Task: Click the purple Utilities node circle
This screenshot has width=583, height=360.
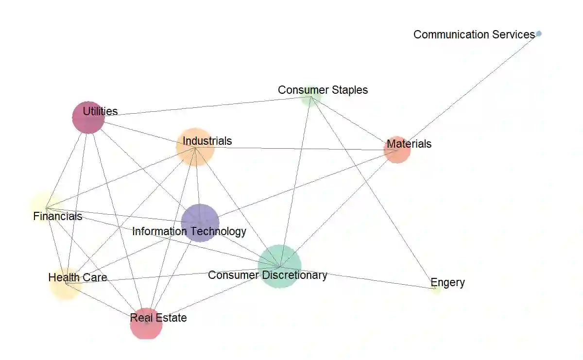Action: [x=88, y=117]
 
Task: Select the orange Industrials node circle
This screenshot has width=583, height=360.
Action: [x=195, y=147]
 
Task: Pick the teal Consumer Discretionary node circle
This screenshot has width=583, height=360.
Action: [x=279, y=266]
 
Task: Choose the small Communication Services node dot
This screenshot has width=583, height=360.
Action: [x=539, y=34]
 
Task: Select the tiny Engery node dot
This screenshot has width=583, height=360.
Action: [x=436, y=289]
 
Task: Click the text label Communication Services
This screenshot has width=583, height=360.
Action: [x=474, y=34]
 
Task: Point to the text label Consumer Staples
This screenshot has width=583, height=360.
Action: [x=323, y=90]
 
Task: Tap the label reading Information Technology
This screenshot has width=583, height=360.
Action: [x=189, y=231]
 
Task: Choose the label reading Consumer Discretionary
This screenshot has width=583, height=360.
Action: [x=267, y=275]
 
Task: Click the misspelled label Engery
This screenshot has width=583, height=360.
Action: [x=447, y=282]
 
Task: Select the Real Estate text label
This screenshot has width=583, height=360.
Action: [x=158, y=318]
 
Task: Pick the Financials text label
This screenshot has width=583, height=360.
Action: [x=57, y=216]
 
